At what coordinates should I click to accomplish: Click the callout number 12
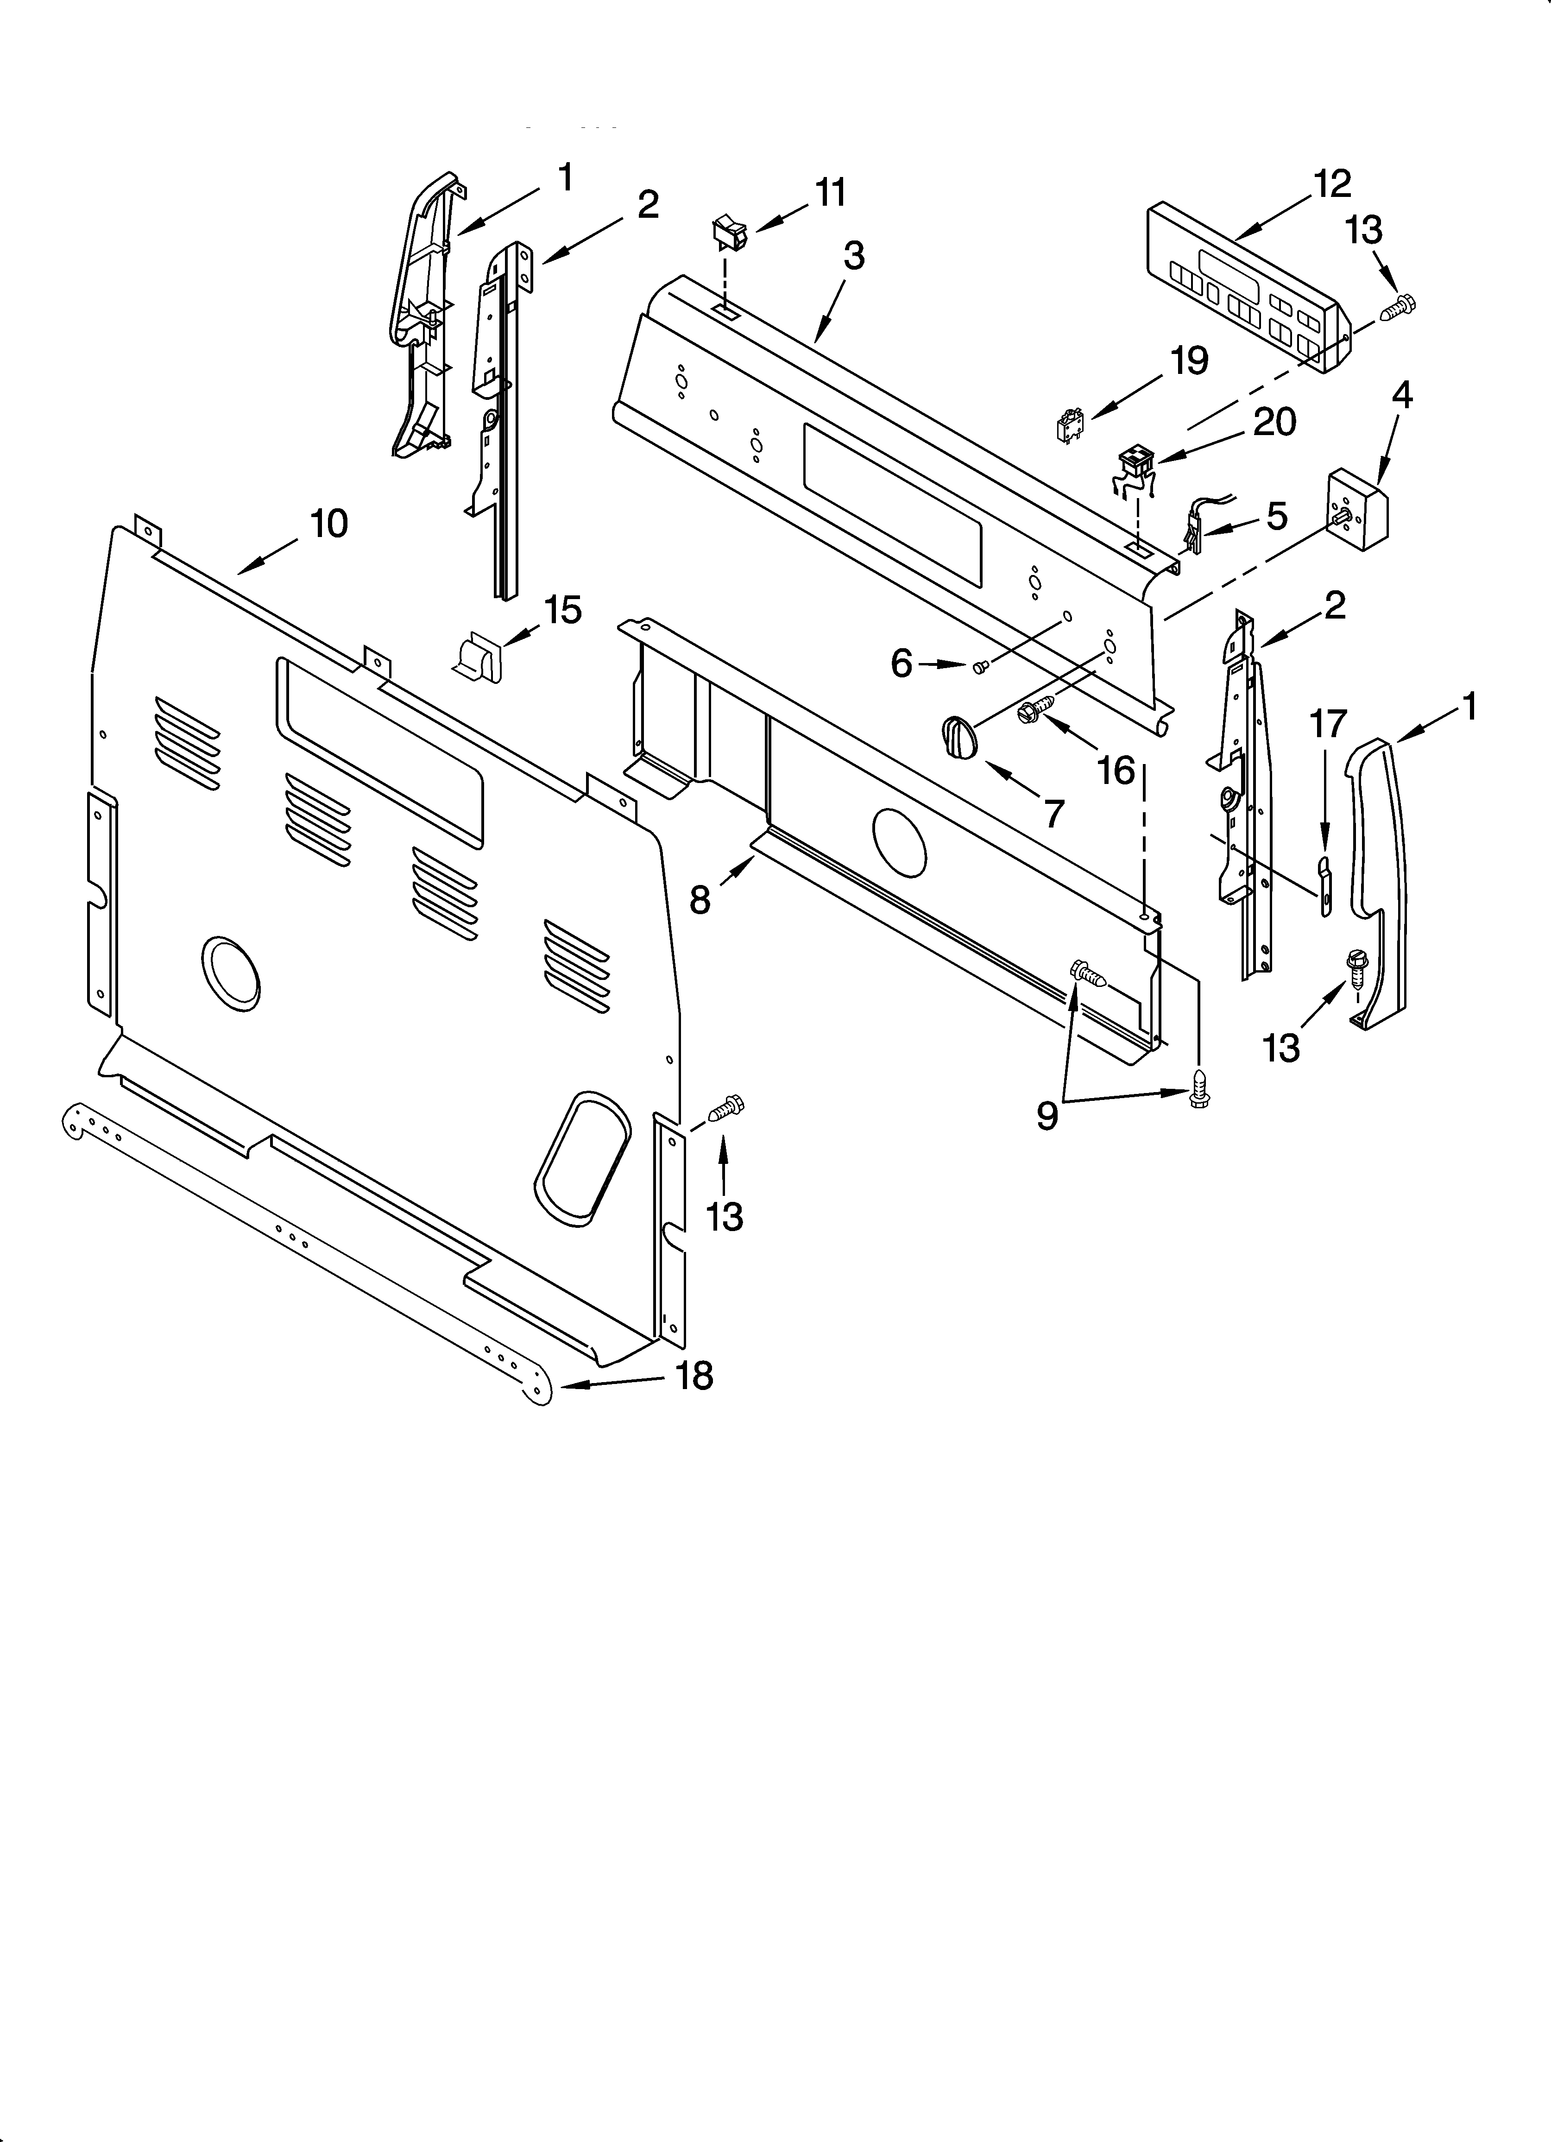point(1332,184)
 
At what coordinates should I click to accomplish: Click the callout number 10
point(329,523)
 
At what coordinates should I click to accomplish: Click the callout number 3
point(853,256)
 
